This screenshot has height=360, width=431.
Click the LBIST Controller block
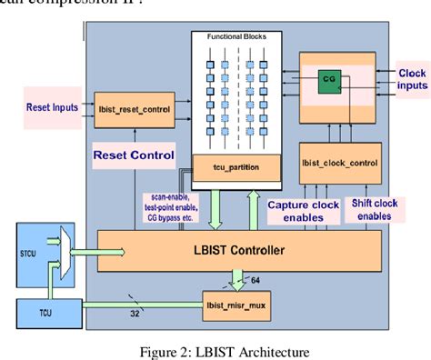click(238, 249)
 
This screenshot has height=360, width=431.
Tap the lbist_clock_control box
click(342, 164)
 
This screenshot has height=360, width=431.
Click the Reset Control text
click(134, 155)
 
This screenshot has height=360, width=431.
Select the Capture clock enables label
click(303, 211)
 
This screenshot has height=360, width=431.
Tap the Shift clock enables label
click(374, 211)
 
